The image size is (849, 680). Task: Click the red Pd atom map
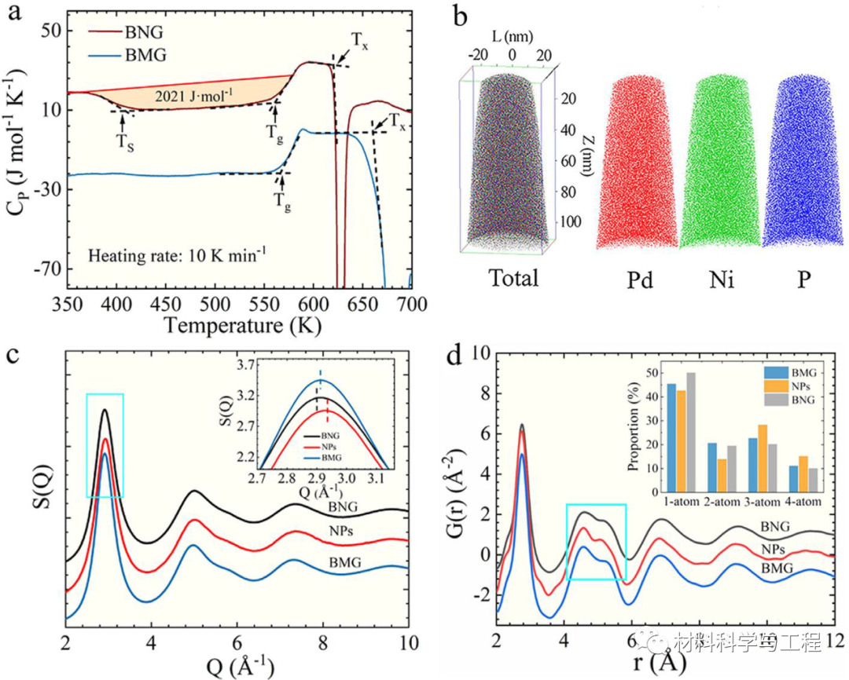pyautogui.click(x=637, y=161)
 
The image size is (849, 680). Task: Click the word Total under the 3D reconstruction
pyautogui.click(x=513, y=278)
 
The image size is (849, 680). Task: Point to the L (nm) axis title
pyautogui.click(x=512, y=36)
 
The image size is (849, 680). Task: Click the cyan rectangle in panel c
pyautogui.click(x=105, y=445)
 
